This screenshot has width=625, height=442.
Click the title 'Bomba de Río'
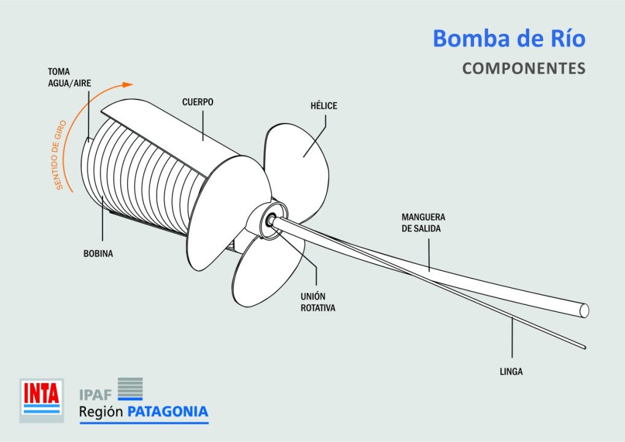point(509,39)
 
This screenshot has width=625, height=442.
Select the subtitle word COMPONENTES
point(524,68)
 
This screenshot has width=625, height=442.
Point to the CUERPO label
point(198,102)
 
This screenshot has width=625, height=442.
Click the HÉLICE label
point(324,106)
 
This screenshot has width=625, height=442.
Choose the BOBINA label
point(98,253)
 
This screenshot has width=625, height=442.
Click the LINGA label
point(511,371)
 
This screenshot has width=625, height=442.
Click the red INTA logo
point(41,398)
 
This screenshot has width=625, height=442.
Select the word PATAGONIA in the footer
point(168,411)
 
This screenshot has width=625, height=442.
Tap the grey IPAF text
point(95,394)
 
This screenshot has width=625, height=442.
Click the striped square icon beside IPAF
point(130,389)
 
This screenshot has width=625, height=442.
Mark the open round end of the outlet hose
point(584,311)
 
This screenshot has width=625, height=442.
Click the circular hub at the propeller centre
point(270,219)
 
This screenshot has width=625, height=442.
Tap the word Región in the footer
point(101,412)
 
